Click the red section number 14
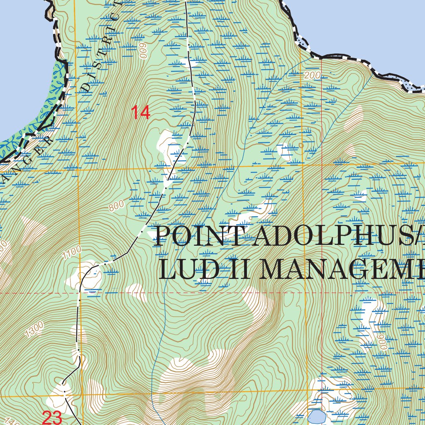[x=140, y=113]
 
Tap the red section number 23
[x=52, y=417]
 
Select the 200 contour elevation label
[x=313, y=76]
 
